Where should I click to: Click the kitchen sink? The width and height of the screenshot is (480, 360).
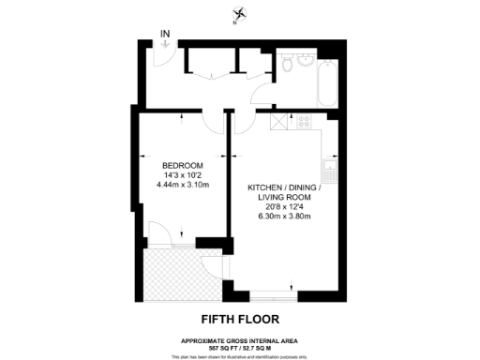[329, 171]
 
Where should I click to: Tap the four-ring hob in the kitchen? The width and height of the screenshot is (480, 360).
[306, 122]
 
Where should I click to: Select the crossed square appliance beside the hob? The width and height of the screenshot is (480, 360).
[278, 122]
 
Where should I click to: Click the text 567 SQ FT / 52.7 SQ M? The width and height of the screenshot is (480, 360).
[240, 347]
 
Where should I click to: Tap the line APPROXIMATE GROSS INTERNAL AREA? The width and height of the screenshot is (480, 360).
[240, 339]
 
